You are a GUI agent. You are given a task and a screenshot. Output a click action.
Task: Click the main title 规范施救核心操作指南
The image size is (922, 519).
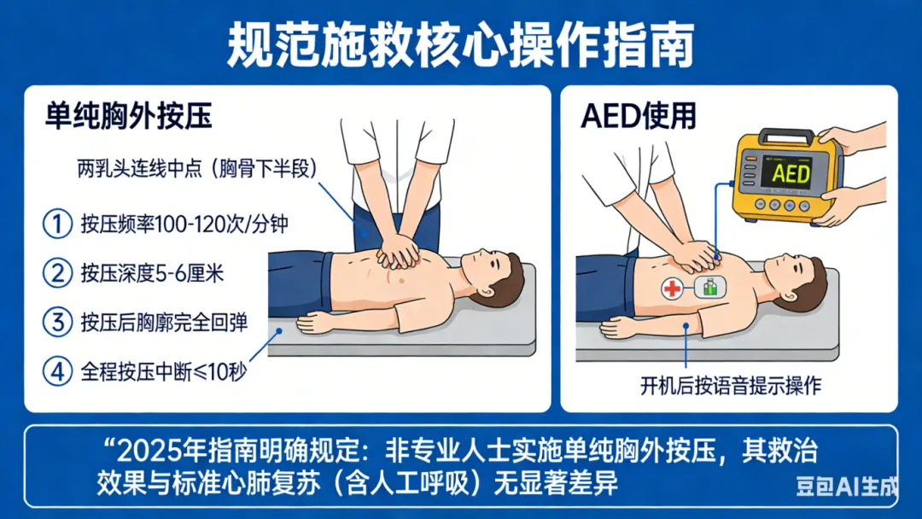(x=460, y=45)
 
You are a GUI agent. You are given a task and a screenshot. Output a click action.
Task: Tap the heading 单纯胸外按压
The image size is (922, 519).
(x=128, y=116)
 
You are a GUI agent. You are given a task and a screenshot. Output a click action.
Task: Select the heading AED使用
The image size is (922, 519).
(x=638, y=116)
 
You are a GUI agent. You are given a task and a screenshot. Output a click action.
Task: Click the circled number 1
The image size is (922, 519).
(x=58, y=224)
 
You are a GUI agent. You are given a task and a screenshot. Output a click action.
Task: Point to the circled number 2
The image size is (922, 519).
(x=58, y=273)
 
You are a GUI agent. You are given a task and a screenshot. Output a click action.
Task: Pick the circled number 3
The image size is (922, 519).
(x=58, y=322)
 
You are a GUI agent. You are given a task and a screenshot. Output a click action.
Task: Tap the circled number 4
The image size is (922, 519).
(x=58, y=371)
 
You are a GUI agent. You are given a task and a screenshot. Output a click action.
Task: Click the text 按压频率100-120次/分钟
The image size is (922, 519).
(x=184, y=224)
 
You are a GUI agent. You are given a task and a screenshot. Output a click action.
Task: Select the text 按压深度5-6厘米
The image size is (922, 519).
(x=152, y=273)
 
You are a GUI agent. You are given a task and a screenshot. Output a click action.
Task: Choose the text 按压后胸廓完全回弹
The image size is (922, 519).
(x=164, y=323)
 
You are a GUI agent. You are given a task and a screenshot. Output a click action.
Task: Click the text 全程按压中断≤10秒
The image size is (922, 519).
(x=163, y=372)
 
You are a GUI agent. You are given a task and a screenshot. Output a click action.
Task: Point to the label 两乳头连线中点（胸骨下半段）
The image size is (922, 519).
(x=197, y=169)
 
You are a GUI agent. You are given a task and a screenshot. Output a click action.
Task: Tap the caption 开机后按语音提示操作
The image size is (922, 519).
(x=730, y=386)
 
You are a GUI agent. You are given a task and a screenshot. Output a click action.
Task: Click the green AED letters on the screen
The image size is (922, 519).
(x=791, y=174)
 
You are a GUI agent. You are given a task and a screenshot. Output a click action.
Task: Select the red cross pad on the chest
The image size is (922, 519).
(x=672, y=289)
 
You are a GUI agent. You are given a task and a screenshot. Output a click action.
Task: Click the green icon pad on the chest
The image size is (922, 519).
(x=710, y=288)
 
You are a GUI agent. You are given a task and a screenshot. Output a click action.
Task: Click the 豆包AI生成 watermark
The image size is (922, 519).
(x=847, y=486)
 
